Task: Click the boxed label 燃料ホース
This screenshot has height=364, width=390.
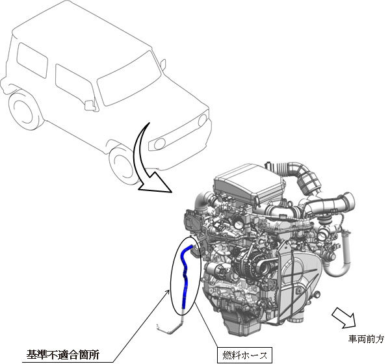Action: [x=245, y=356]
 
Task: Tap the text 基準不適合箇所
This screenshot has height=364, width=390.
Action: [x=62, y=354]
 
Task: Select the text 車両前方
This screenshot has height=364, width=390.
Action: [x=366, y=339]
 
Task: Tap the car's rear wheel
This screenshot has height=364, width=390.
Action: [x=23, y=109]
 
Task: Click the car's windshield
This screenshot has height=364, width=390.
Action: [x=129, y=78]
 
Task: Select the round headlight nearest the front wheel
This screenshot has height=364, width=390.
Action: [x=159, y=144]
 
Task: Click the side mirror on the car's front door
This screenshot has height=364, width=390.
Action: [x=89, y=105]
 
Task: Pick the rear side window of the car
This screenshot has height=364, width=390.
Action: [x=32, y=60]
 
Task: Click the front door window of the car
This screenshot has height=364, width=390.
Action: [x=74, y=83]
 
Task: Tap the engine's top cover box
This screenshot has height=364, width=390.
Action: [x=249, y=183]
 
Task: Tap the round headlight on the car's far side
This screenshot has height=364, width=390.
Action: [x=202, y=120]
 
